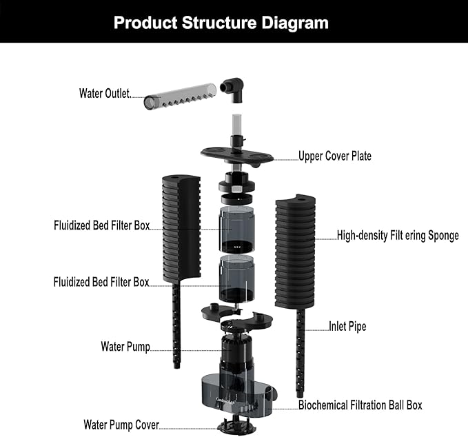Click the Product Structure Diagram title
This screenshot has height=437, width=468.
[x=221, y=23]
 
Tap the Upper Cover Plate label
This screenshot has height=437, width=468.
[x=334, y=156]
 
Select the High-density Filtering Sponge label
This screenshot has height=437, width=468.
[x=398, y=236]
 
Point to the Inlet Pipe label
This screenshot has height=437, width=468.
[x=347, y=327]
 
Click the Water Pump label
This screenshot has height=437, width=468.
[x=125, y=346]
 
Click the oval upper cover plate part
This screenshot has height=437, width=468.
[x=236, y=153]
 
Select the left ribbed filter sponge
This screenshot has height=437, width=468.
[x=181, y=230]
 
